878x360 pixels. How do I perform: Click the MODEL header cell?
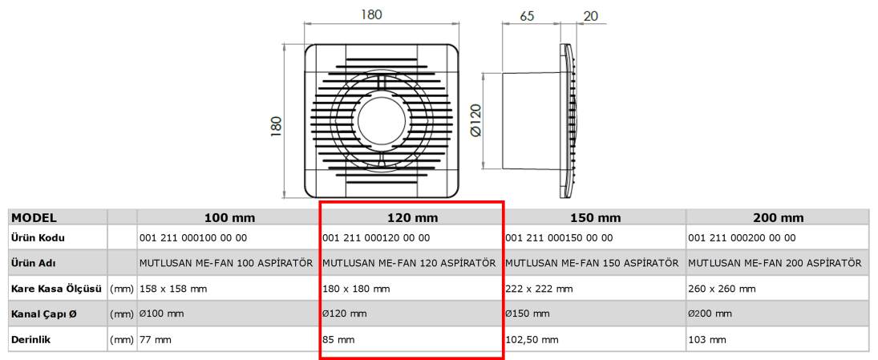pos(34,218)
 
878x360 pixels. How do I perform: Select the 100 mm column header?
pos(229,218)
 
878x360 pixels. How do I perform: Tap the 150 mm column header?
pos(595,218)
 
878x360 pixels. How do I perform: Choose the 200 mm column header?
pos(779,218)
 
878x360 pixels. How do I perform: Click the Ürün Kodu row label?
pos(38,238)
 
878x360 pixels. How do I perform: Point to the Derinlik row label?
pos(34,339)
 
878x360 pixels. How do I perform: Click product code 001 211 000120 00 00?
pos(376,238)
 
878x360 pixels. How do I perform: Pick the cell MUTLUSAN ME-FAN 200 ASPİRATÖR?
pos(775,263)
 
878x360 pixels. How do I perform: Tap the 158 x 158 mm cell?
pos(173,289)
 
